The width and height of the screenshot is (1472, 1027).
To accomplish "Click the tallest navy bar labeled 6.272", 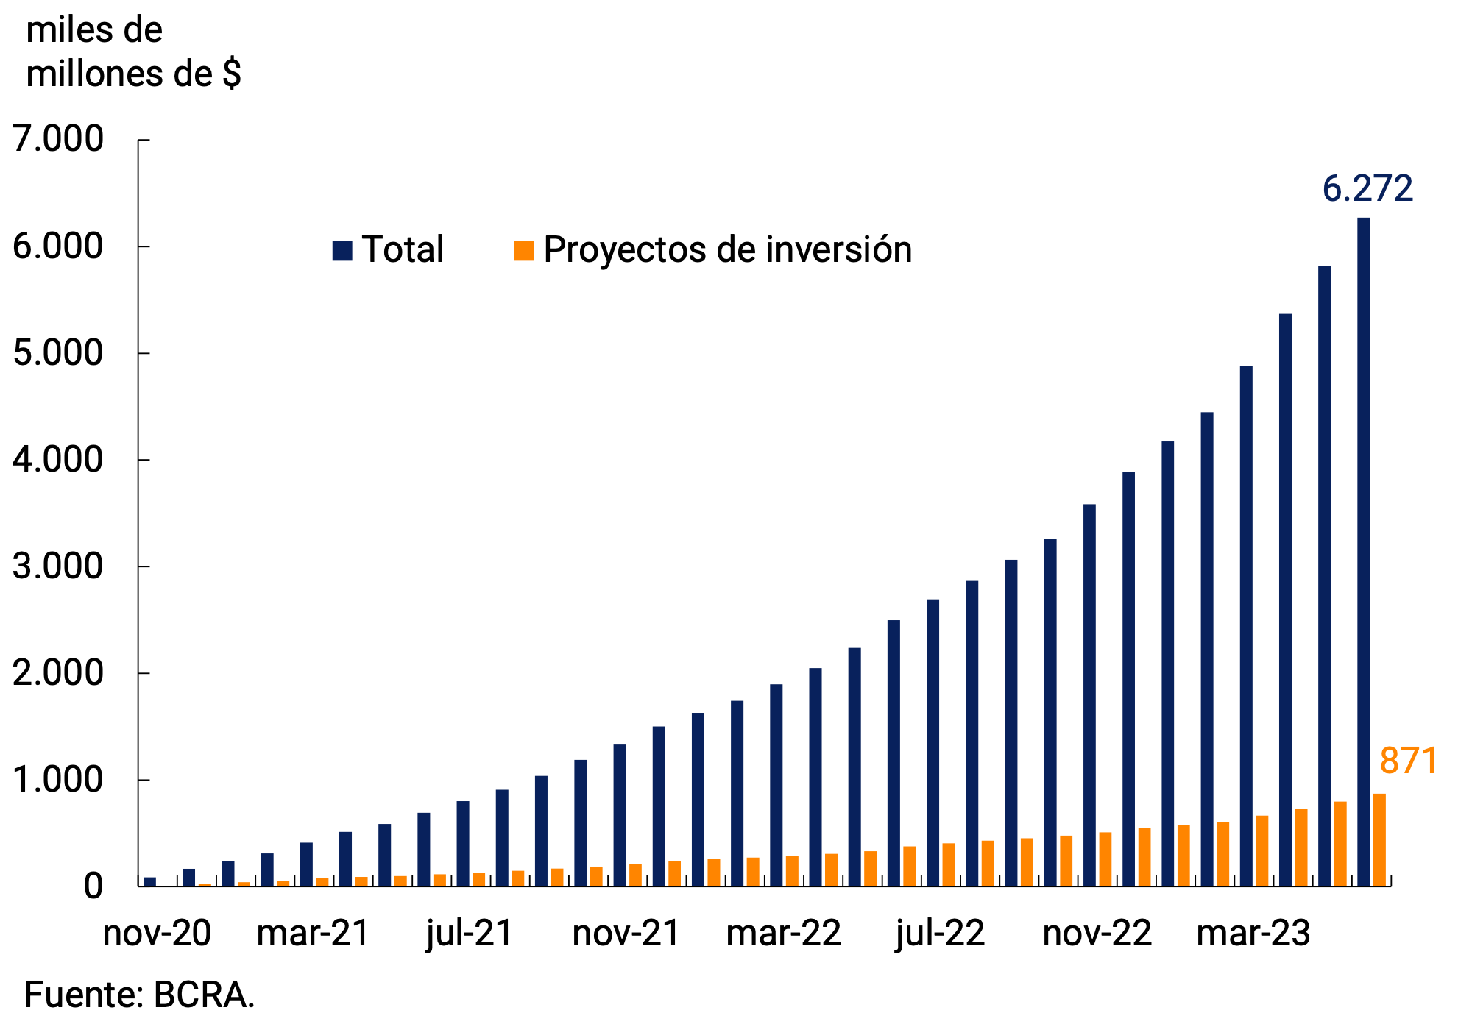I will (x=1363, y=552).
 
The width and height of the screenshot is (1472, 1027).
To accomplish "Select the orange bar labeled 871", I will (x=1379, y=839).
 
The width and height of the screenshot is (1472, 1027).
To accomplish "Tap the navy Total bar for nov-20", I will (x=149, y=881).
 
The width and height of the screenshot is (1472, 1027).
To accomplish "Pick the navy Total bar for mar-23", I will (x=1246, y=625).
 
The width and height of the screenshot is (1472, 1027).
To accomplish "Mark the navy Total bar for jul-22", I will (x=933, y=742).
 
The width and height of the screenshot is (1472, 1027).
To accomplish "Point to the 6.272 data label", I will (x=1367, y=189).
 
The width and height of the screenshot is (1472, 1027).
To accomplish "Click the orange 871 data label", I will (x=1409, y=761).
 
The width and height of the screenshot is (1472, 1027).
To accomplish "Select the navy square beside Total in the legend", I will (x=342, y=250).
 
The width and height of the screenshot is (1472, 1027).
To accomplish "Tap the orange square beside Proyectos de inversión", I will (x=524, y=250).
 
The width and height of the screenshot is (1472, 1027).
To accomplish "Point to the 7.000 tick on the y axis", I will (x=58, y=139).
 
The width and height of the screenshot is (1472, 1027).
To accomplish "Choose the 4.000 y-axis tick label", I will (x=58, y=460).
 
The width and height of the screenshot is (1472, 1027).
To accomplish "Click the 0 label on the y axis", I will (x=93, y=886).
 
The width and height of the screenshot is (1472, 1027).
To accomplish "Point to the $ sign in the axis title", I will (x=232, y=74).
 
